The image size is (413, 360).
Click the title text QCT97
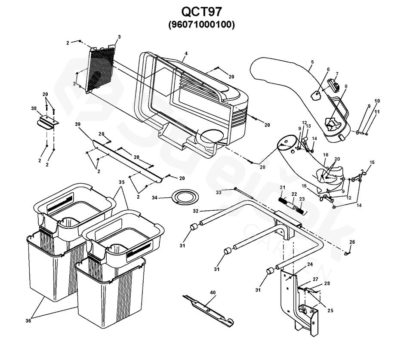[x=201, y=11]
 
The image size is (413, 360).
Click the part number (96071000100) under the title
[x=201, y=25]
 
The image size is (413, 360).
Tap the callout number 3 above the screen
[x=119, y=37]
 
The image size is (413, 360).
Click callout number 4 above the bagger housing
[x=186, y=53]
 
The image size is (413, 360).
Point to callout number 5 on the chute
[x=312, y=62]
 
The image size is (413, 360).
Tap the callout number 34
[x=154, y=197]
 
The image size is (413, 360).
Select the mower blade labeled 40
[x=209, y=311]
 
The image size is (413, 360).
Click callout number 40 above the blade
[x=213, y=292]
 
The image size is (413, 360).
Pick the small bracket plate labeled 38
[x=47, y=122]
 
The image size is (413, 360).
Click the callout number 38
[x=34, y=108]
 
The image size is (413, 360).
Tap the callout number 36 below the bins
[x=28, y=321]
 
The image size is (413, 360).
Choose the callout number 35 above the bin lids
[x=121, y=182]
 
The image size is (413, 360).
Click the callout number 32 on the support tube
[x=196, y=211]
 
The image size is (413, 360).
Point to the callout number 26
[x=352, y=242]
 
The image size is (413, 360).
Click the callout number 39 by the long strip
[x=78, y=124]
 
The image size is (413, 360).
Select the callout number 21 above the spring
[x=283, y=188]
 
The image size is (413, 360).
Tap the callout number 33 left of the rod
[x=219, y=193]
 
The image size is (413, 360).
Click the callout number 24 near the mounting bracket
[x=310, y=264]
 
